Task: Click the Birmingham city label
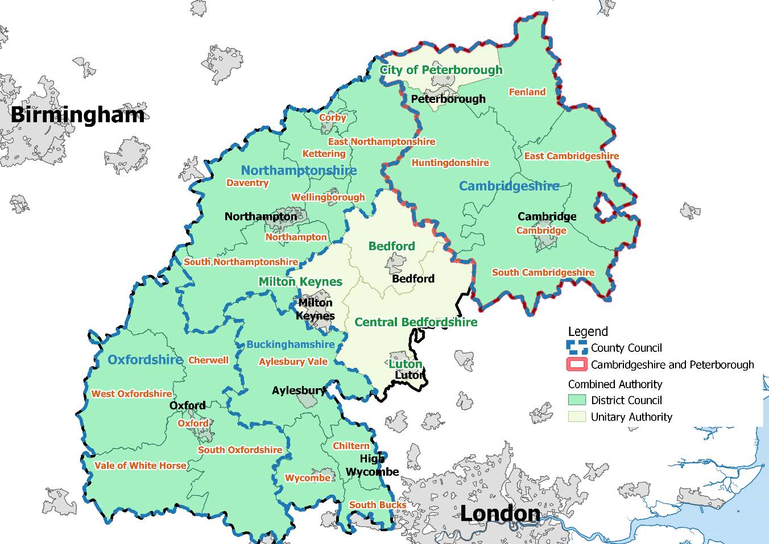(x=77, y=115)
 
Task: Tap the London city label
(x=500, y=513)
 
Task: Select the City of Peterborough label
(x=441, y=70)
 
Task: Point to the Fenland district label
(x=527, y=92)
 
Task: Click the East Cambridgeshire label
(x=571, y=156)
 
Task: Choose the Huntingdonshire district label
(x=450, y=163)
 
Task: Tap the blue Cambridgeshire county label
(x=508, y=186)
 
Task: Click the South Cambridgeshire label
(x=543, y=272)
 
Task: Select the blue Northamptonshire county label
(x=299, y=171)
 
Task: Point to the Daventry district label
(x=247, y=182)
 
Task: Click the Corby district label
(x=332, y=118)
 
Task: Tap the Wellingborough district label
(x=328, y=197)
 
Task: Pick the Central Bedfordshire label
(x=416, y=322)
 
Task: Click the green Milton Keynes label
(x=300, y=282)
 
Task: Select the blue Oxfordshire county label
(x=145, y=360)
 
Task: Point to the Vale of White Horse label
(x=140, y=466)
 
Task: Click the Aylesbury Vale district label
(x=293, y=362)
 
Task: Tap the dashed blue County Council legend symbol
(x=577, y=348)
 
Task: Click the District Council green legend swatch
(x=577, y=400)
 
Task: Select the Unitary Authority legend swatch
(x=577, y=417)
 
